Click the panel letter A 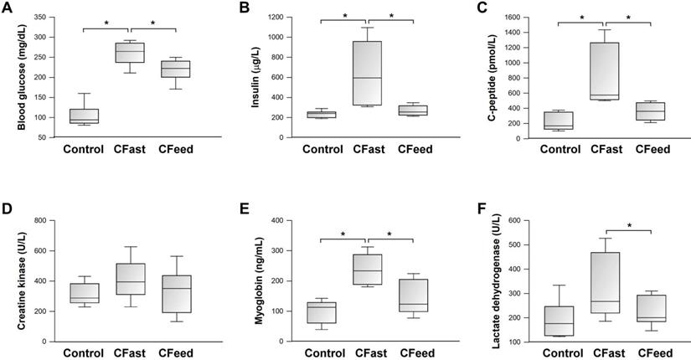[x=8, y=8]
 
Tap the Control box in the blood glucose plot [x=84, y=116]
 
